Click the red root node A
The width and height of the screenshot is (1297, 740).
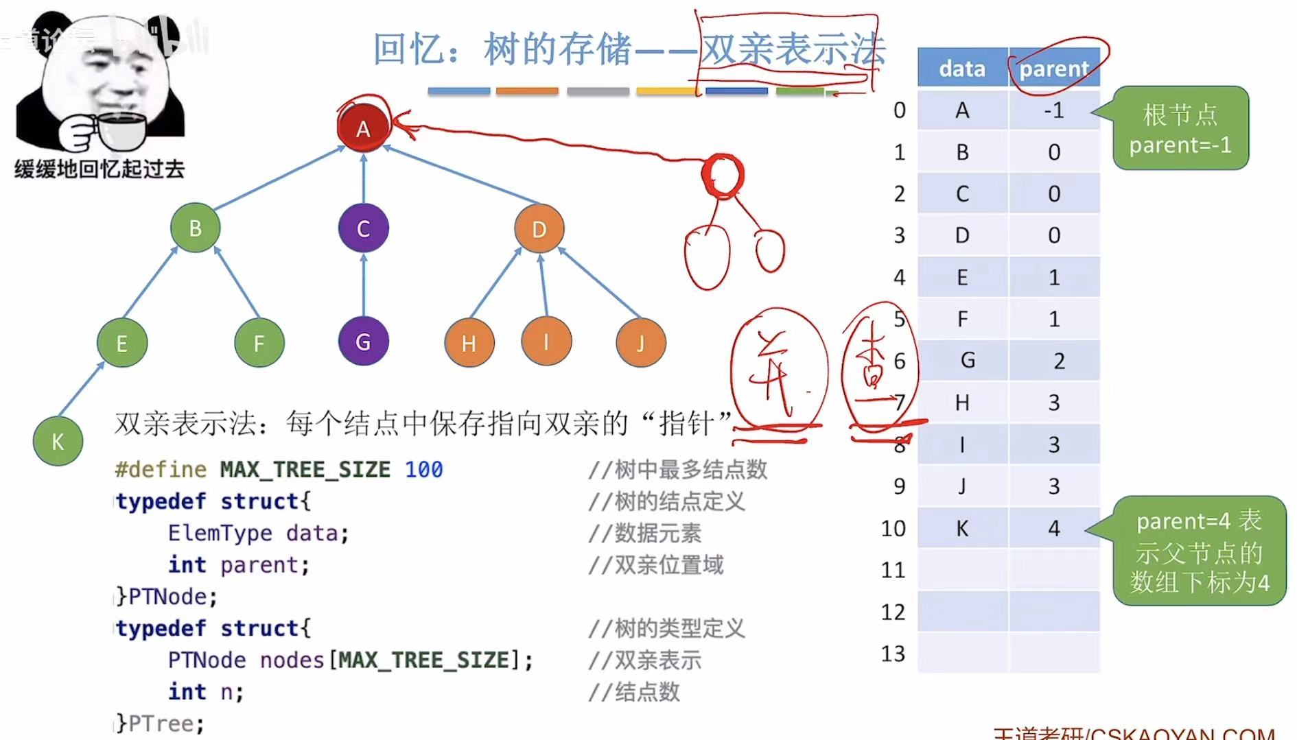[363, 128]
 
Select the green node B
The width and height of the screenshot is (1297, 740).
[196, 228]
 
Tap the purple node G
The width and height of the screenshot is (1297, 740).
[363, 341]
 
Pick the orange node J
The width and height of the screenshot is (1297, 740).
[640, 342]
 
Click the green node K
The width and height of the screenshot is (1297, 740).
[58, 441]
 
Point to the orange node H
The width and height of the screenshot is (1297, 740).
[469, 342]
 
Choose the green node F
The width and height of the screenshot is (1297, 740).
[259, 342]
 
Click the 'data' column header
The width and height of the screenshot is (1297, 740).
[962, 68]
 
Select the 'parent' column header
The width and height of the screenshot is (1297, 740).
[1054, 68]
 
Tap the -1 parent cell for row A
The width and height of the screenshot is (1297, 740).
[1054, 110]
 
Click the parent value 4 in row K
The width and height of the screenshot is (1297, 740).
[1054, 528]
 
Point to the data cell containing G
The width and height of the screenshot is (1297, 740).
[967, 360]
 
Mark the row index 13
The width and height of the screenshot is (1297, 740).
[893, 654]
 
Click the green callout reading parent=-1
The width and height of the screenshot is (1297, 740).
[1180, 128]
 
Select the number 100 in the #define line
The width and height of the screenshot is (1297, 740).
[423, 470]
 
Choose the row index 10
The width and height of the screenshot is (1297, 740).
[893, 528]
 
